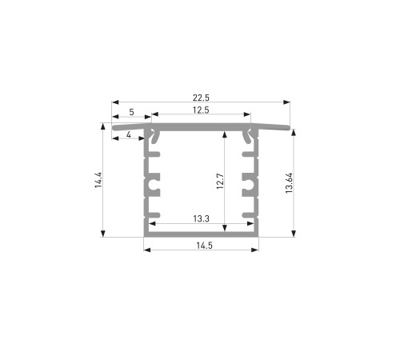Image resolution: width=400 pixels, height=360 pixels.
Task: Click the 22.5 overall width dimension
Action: [201, 98]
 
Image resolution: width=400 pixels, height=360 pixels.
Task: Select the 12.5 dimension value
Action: [201, 110]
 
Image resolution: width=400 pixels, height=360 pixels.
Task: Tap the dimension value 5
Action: [131, 112]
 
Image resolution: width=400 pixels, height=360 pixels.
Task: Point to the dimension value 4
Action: [129, 134]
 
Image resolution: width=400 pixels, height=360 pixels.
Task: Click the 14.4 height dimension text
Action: [98, 180]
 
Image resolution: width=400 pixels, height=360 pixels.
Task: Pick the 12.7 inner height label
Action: [220, 182]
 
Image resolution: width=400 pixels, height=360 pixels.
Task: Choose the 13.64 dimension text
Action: [289, 183]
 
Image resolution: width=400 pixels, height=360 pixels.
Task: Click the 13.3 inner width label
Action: [201, 219]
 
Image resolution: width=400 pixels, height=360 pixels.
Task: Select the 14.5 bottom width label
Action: [204, 246]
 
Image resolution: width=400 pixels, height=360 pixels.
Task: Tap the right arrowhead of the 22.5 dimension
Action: [287, 102]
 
